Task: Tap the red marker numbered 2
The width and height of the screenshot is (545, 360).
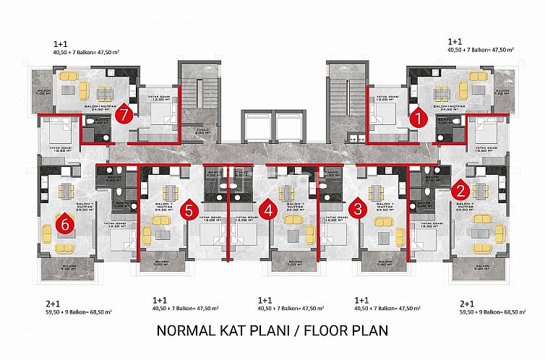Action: [x=459, y=191]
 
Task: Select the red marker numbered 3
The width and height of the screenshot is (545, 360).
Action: [x=357, y=210]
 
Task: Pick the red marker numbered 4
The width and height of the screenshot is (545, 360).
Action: [x=268, y=210]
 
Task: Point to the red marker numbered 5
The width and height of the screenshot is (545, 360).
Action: [x=189, y=210]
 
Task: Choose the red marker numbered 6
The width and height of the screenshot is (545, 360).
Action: [x=66, y=225]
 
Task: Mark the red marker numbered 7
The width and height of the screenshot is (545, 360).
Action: [x=126, y=114]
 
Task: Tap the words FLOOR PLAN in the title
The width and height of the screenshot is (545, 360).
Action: [x=346, y=331]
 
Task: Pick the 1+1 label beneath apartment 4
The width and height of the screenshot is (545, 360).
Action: [x=265, y=299]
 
